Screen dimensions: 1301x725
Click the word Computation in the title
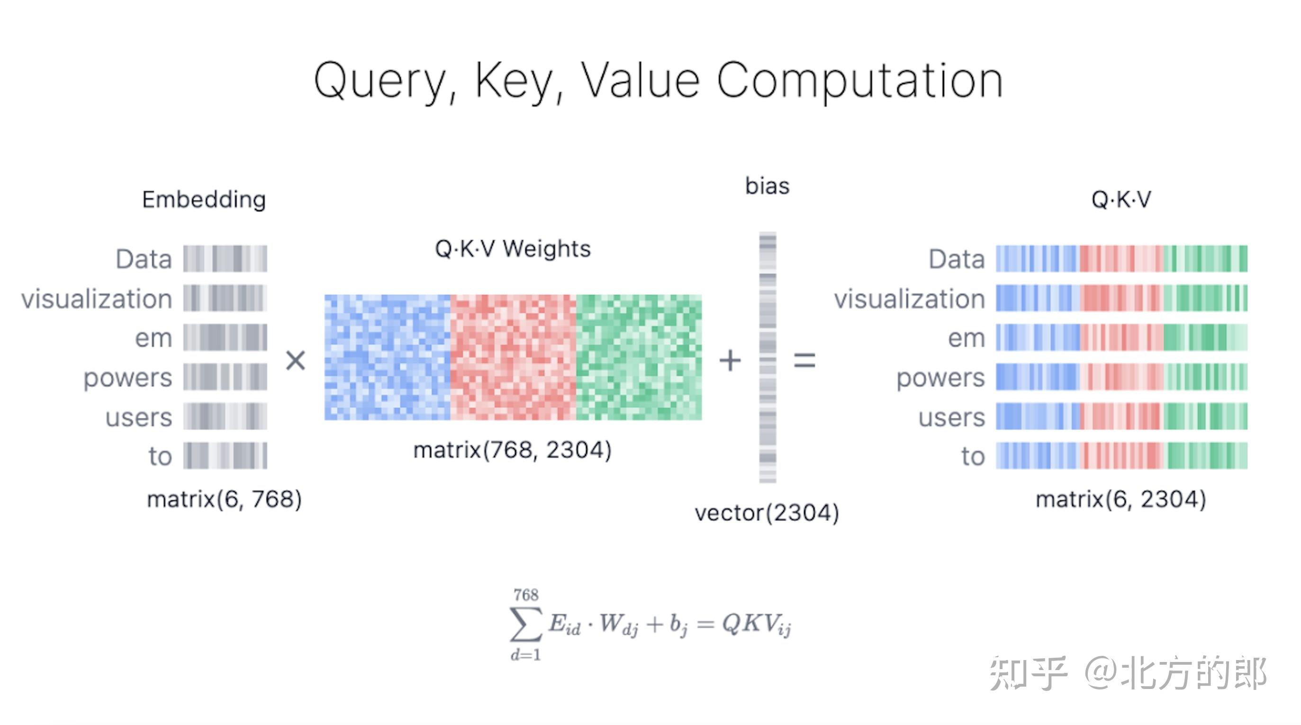859,81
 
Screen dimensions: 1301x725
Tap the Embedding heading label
204,199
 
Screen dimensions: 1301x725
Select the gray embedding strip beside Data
225,259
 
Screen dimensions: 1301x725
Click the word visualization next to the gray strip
97,299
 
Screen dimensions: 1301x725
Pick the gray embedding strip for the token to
225,456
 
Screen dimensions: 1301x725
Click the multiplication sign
296,361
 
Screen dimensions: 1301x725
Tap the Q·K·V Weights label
513,249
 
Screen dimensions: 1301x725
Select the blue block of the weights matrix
387,357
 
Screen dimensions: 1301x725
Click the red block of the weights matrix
513,357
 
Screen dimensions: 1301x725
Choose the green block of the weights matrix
639,357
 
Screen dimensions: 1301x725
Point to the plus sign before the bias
730,361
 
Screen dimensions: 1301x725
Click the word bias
767,186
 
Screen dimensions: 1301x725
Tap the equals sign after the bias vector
804,361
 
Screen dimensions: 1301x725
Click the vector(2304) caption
767,513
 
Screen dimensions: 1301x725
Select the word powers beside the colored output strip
940,378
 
